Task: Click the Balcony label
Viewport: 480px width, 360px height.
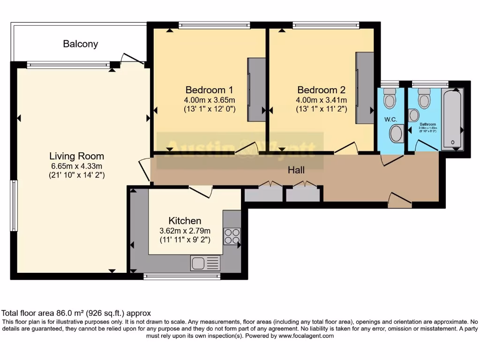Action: coord(81,44)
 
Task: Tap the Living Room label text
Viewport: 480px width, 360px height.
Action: coord(77,156)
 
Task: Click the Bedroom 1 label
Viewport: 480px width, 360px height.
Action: coord(210,90)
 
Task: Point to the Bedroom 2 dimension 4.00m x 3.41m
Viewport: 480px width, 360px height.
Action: coord(321,100)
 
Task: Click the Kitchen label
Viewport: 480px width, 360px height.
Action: coord(185,220)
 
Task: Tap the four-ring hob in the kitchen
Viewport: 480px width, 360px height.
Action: coord(232,236)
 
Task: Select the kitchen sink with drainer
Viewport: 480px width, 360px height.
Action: coord(205,263)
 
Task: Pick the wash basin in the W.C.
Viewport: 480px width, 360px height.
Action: coord(397,133)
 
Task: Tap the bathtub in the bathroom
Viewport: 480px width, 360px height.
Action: coord(452,118)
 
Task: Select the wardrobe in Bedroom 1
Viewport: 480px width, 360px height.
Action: coord(256,89)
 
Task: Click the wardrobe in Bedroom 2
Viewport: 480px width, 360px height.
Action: coord(364,88)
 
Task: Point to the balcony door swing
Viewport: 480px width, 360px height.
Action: coord(132,58)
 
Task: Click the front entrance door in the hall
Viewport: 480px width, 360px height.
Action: coord(399,200)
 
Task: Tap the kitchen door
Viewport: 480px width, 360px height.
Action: coord(201,191)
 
